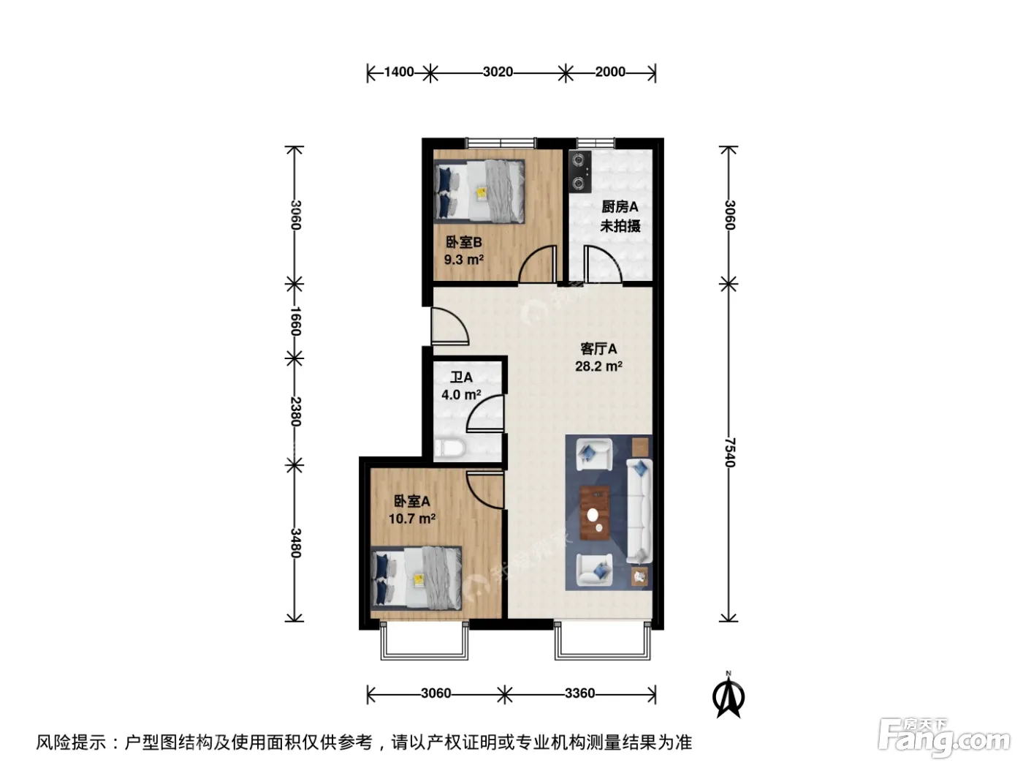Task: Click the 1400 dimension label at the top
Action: tap(399, 72)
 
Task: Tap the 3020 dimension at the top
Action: tap(498, 72)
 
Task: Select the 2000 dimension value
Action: tap(610, 72)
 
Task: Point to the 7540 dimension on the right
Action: tap(730, 452)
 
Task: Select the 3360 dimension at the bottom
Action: tap(579, 693)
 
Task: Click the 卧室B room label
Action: tap(464, 242)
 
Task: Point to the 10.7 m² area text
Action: tap(412, 519)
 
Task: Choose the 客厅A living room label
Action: tap(598, 349)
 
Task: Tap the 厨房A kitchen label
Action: tap(620, 206)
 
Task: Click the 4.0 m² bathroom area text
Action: tap(461, 395)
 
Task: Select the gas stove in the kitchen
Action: tap(580, 172)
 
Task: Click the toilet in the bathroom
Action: tap(449, 448)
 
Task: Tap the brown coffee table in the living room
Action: tap(594, 513)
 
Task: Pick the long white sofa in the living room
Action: tap(639, 511)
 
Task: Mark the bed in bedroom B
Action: tap(479, 191)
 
